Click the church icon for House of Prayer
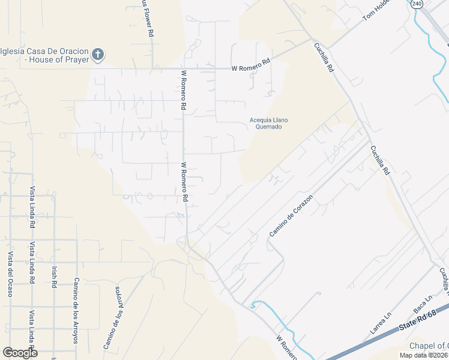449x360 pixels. pos(98,55)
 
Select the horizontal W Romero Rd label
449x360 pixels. pos(252,68)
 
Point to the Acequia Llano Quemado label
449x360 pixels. pos(268,124)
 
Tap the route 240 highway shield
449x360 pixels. pos(417,4)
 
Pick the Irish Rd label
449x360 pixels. pos(54,275)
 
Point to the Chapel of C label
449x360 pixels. pos(429,346)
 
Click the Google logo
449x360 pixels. pos(20,352)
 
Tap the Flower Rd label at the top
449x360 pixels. pos(145,18)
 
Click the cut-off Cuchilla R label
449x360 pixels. pos(444,281)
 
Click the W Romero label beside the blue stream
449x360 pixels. pos(287,348)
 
